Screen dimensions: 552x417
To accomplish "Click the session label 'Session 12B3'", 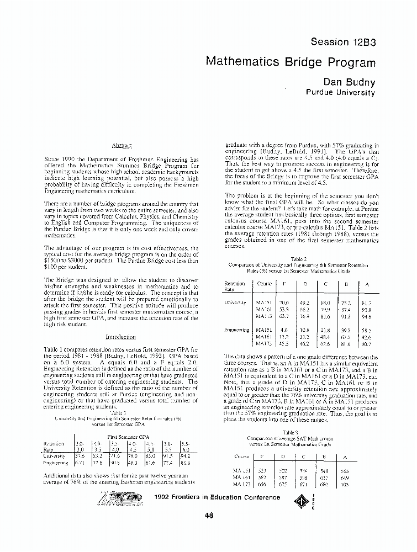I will click(x=343, y=42).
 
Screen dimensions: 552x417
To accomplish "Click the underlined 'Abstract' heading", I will click(x=120, y=145).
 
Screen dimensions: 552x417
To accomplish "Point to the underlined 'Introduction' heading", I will click(x=120, y=337).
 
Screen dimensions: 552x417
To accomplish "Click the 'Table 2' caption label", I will click(x=299, y=258).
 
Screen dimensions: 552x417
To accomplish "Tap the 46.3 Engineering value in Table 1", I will click(x=133, y=463).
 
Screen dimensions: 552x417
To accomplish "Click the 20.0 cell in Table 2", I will click(x=284, y=303).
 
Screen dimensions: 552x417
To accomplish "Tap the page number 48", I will click(x=209, y=515).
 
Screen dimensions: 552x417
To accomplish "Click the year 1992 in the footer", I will click(x=166, y=497).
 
